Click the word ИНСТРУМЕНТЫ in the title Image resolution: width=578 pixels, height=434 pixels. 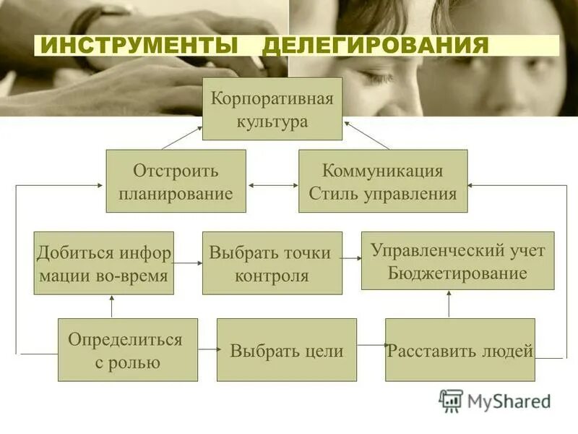[142, 46]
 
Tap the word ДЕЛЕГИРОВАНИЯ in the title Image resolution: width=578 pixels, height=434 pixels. [376, 46]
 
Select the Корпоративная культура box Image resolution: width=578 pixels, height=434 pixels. [272, 109]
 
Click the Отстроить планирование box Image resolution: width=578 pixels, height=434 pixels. [176, 181]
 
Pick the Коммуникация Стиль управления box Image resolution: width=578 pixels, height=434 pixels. [382, 181]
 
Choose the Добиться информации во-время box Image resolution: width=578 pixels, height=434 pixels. [103, 263]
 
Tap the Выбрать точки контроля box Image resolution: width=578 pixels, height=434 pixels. [272, 263]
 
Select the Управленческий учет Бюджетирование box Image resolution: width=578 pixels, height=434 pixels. [457, 260]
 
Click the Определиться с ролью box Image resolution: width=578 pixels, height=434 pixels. [127, 349]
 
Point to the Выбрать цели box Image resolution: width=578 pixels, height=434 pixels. [286, 349]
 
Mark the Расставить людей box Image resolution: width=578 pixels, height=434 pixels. [460, 349]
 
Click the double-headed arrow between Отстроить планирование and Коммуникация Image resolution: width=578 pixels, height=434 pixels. [272, 186]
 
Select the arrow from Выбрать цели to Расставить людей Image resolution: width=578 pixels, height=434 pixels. [371, 345]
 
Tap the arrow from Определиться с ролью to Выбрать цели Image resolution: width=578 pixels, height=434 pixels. [207, 349]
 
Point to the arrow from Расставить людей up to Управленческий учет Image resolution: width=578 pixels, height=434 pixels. [449, 304]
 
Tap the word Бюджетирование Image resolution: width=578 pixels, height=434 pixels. [457, 273]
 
